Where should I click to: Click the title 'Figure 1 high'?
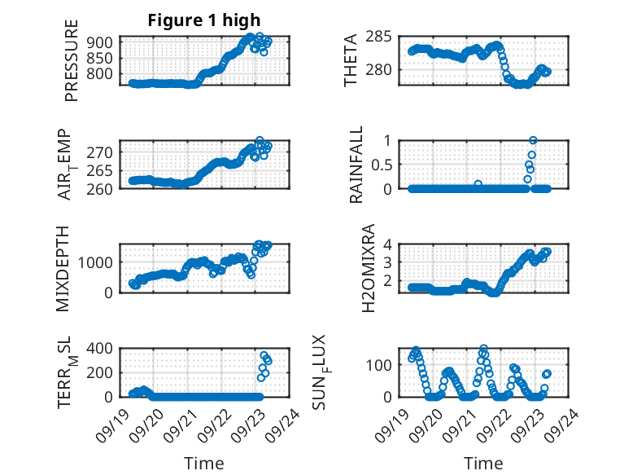[204, 20]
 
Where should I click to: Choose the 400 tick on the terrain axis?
[102, 349]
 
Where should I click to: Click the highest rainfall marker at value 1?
[533, 140]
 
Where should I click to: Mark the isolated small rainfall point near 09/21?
[478, 184]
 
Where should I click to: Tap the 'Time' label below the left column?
[204, 463]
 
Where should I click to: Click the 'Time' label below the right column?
[483, 463]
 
